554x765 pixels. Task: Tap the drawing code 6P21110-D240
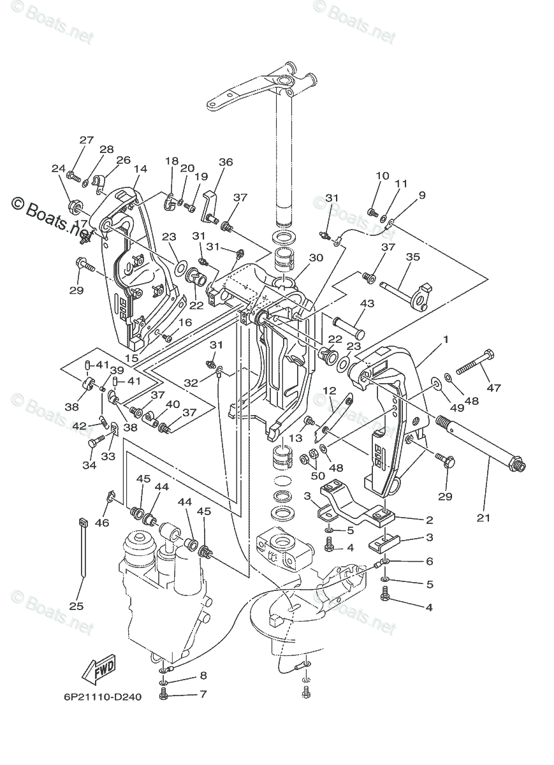(103, 696)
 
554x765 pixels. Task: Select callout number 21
(484, 518)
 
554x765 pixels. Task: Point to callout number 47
(493, 388)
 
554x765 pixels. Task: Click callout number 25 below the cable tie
(76, 606)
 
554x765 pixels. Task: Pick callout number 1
(446, 340)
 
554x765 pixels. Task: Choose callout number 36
(226, 162)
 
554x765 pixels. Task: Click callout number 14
(141, 169)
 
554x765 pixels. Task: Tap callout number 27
(87, 140)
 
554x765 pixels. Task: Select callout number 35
(413, 258)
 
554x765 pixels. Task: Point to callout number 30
(316, 258)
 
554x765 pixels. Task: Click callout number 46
(102, 523)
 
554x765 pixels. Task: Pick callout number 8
(203, 675)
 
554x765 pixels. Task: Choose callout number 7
(203, 694)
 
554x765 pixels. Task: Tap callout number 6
(429, 561)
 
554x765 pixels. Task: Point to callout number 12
(329, 390)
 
